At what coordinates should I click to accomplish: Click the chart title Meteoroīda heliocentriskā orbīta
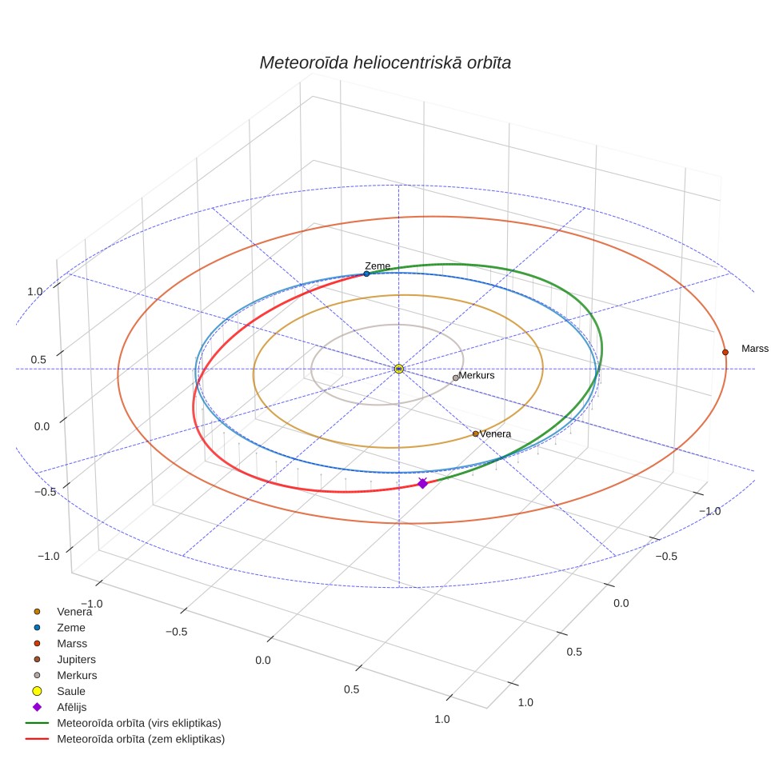tap(385, 63)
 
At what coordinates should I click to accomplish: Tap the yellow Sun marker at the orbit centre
tap(399, 369)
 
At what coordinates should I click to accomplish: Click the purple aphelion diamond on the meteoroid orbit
tap(422, 484)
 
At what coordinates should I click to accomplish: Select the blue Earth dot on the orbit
tap(366, 274)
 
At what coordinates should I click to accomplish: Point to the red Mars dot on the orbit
tap(725, 352)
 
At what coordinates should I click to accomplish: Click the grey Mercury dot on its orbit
tap(455, 378)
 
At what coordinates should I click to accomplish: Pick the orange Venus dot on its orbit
tap(476, 433)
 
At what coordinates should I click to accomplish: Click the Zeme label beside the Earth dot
tap(378, 266)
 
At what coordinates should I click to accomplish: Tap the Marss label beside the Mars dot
tap(755, 349)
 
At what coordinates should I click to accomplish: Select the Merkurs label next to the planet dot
tap(477, 375)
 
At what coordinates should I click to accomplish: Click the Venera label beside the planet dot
tap(495, 433)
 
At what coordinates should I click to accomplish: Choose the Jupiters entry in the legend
tap(76, 659)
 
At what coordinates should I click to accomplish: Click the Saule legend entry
tap(71, 691)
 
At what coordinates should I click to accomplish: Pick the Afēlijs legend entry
tap(71, 707)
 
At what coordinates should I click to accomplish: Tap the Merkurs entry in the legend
tap(77, 675)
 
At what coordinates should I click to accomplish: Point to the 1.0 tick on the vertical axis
tap(35, 292)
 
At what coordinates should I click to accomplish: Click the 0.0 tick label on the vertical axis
tap(42, 426)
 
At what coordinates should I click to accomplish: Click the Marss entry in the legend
tap(72, 644)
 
